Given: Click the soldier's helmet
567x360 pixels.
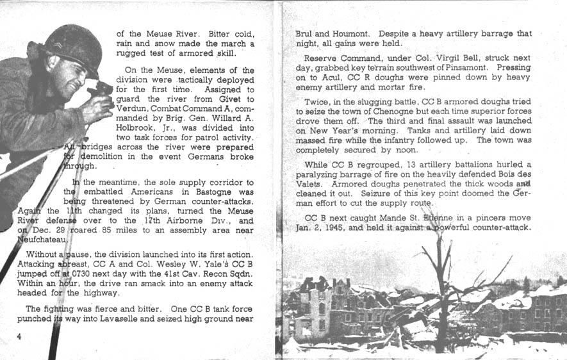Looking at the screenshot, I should click(x=72, y=46).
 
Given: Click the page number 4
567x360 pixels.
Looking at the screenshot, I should click(x=20, y=337).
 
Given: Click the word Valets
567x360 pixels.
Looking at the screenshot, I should click(x=308, y=184).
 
